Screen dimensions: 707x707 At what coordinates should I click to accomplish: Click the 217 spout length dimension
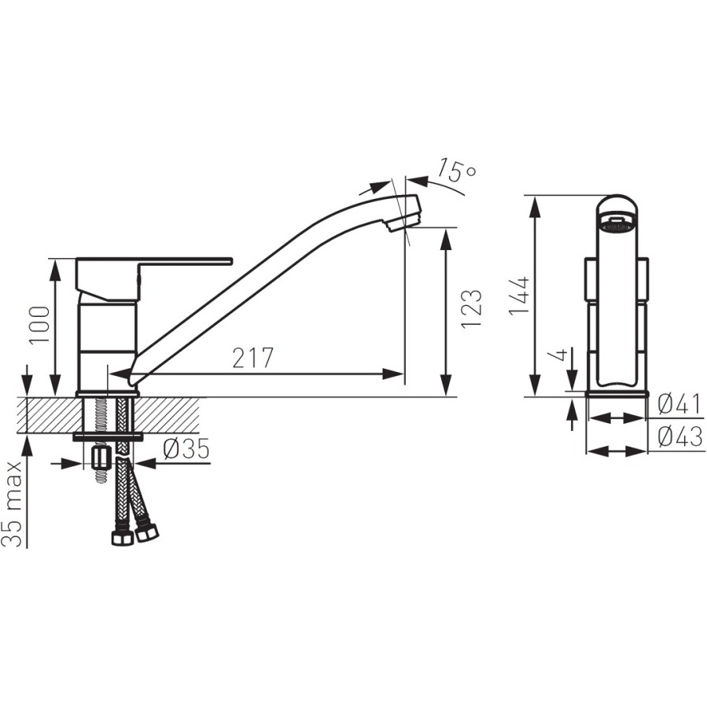[253, 358]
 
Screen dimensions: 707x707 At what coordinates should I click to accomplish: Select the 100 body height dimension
[39, 325]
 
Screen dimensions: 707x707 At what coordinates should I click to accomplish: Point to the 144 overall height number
[520, 296]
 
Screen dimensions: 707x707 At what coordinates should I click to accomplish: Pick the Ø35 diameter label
[186, 449]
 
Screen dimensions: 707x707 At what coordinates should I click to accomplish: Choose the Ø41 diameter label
[679, 404]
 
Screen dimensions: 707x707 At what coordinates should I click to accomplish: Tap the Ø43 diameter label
[679, 436]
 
